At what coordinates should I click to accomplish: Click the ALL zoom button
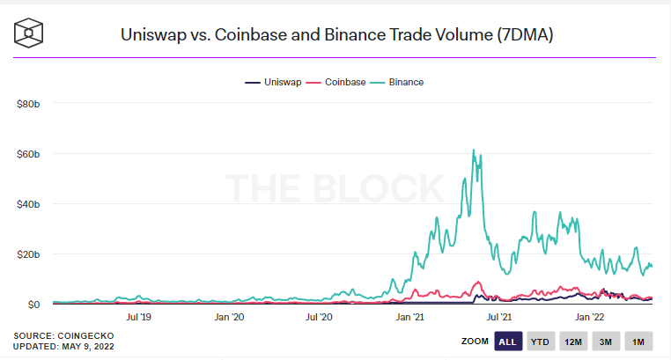click(x=507, y=341)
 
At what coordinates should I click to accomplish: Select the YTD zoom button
click(x=540, y=341)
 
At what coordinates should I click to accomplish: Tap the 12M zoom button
click(x=572, y=341)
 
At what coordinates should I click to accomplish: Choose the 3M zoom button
click(x=606, y=341)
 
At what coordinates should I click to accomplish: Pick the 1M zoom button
click(x=638, y=341)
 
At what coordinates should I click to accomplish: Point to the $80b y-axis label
click(x=28, y=104)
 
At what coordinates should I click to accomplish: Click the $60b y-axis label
click(x=28, y=154)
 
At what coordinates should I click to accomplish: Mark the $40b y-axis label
click(x=28, y=204)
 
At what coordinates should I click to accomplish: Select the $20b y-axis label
click(x=28, y=254)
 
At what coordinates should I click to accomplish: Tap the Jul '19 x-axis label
click(x=139, y=315)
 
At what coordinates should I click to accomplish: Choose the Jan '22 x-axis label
click(x=590, y=315)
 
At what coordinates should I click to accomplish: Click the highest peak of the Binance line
click(x=473, y=150)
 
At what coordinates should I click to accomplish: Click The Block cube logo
click(x=32, y=33)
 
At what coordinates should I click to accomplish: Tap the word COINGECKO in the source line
click(x=85, y=336)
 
